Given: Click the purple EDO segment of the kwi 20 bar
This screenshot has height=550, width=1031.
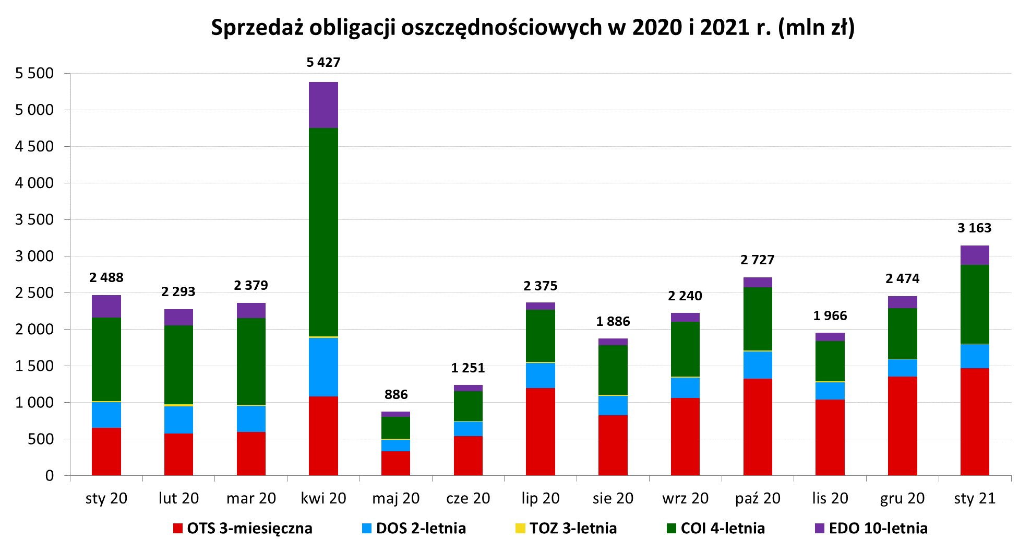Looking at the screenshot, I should click(x=323, y=105).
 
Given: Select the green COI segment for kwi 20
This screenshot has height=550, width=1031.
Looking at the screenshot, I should click(x=323, y=232).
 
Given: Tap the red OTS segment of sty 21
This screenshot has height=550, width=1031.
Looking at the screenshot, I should click(x=974, y=422).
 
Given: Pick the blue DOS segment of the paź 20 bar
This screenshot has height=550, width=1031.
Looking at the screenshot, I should click(x=758, y=365).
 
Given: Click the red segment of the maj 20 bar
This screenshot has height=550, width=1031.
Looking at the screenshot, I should click(x=395, y=463).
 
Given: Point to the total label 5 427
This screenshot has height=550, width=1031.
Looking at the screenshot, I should click(x=323, y=63).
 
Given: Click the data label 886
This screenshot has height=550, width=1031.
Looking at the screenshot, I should click(x=395, y=394).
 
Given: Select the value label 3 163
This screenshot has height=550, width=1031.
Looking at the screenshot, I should click(x=974, y=228).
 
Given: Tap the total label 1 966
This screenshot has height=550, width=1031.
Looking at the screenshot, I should click(x=830, y=315).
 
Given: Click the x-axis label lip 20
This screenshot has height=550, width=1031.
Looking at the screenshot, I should click(x=540, y=498).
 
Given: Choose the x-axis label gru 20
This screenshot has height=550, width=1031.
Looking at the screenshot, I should click(x=902, y=498).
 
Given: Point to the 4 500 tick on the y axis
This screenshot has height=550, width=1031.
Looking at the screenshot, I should click(x=34, y=146).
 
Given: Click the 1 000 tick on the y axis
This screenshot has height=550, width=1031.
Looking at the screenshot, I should click(x=34, y=402).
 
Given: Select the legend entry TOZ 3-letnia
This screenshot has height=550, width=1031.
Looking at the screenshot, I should click(x=572, y=528).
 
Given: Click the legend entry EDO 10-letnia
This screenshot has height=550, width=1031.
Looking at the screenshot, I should click(x=878, y=528).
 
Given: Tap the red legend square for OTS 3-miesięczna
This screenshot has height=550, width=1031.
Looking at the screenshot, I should click(x=178, y=528).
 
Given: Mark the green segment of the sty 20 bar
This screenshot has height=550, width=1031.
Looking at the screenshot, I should click(x=106, y=359).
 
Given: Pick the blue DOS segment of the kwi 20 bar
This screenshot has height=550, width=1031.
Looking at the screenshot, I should click(x=323, y=367).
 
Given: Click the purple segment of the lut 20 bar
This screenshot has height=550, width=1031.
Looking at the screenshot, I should click(x=178, y=318).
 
